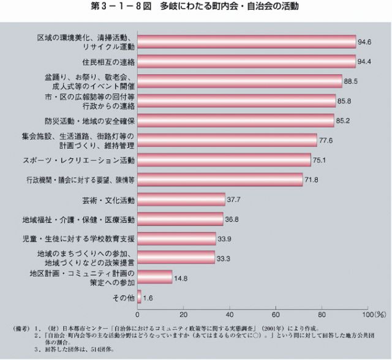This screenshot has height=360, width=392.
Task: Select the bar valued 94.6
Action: pyautogui.click(x=247, y=42)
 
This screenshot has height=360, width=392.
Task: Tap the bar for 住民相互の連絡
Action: pyautogui.click(x=247, y=62)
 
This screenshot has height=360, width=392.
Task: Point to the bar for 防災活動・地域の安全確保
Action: pyautogui.click(x=236, y=120)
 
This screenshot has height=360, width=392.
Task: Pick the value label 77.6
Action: pyautogui.click(x=326, y=141)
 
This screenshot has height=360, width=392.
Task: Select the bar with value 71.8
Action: pyautogui.click(x=221, y=179)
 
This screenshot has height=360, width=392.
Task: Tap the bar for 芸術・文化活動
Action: pyautogui.click(x=182, y=199)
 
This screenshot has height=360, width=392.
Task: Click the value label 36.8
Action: pyautogui.click(x=232, y=219)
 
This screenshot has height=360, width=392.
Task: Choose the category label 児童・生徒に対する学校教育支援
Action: pyautogui.click(x=83, y=238)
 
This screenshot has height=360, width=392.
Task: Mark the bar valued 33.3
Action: pyautogui.click(x=177, y=257)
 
